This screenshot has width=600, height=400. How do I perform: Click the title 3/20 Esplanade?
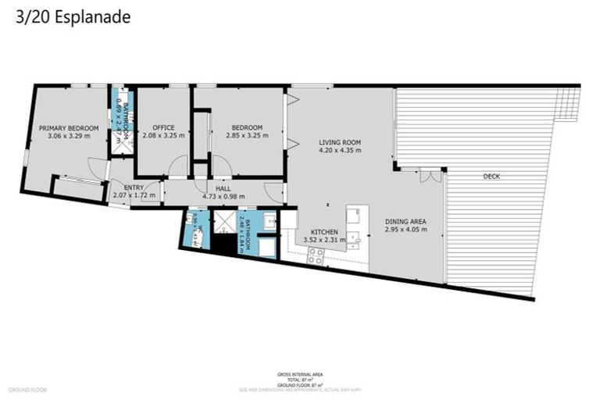(x=73, y=16)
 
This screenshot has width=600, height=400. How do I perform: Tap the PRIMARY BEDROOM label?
(x=69, y=127)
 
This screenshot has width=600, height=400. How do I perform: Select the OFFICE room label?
(x=163, y=127)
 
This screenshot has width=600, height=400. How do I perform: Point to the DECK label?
(x=491, y=177)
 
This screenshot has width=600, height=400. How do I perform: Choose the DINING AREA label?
(x=405, y=221)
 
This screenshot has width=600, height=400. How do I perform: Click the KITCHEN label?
(x=324, y=232)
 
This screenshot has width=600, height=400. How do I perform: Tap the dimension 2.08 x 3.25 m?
(x=163, y=136)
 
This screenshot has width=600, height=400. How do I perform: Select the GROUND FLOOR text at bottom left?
(x=28, y=389)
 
